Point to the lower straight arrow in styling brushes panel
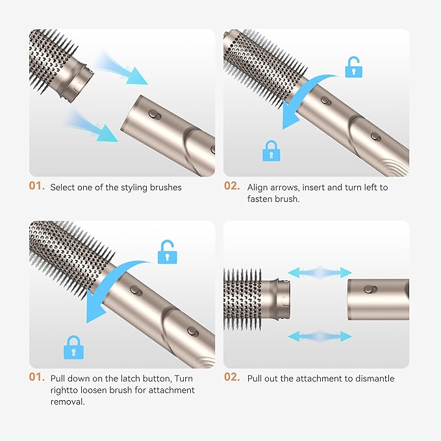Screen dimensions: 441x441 (93, 127)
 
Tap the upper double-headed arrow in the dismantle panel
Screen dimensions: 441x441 (320, 273)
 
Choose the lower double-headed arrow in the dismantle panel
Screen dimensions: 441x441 (320, 336)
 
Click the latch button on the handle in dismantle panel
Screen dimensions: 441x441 (369, 289)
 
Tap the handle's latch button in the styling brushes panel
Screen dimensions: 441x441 (155, 114)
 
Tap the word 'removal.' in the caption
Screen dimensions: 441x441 (68, 401)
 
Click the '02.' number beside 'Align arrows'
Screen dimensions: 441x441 (232, 186)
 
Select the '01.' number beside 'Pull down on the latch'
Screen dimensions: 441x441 (37, 377)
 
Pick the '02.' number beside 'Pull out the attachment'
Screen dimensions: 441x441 (232, 377)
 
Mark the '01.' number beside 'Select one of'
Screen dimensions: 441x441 (37, 186)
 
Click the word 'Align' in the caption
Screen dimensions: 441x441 (257, 188)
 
